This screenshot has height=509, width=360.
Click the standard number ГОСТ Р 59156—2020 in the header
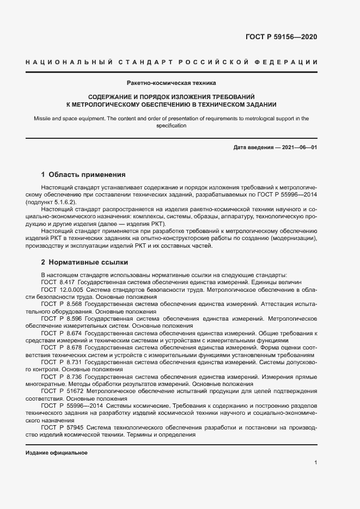click(x=282, y=37)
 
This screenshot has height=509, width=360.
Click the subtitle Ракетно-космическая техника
click(x=171, y=83)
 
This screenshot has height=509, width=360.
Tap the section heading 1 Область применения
click(x=83, y=175)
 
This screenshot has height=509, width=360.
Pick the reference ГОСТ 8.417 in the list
click(x=58, y=283)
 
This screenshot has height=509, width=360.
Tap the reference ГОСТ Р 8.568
click(x=62, y=304)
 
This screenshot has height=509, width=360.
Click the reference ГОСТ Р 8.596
click(x=62, y=318)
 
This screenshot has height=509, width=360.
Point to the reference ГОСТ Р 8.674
click(x=62, y=333)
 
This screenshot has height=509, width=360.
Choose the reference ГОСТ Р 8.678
click(x=62, y=347)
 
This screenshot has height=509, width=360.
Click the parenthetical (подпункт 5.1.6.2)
click(x=51, y=202)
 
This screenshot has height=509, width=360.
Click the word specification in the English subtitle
click(x=171, y=126)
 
